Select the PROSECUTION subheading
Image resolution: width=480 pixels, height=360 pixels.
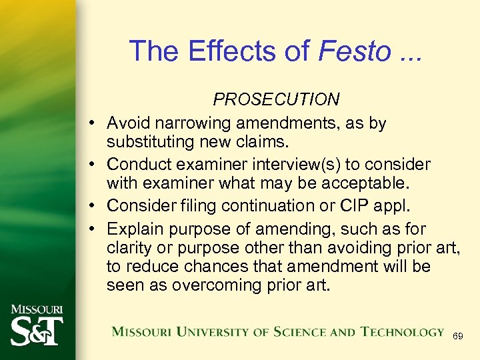276,99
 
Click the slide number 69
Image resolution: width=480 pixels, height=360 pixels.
457,336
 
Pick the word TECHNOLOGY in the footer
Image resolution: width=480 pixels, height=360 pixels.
402,332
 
